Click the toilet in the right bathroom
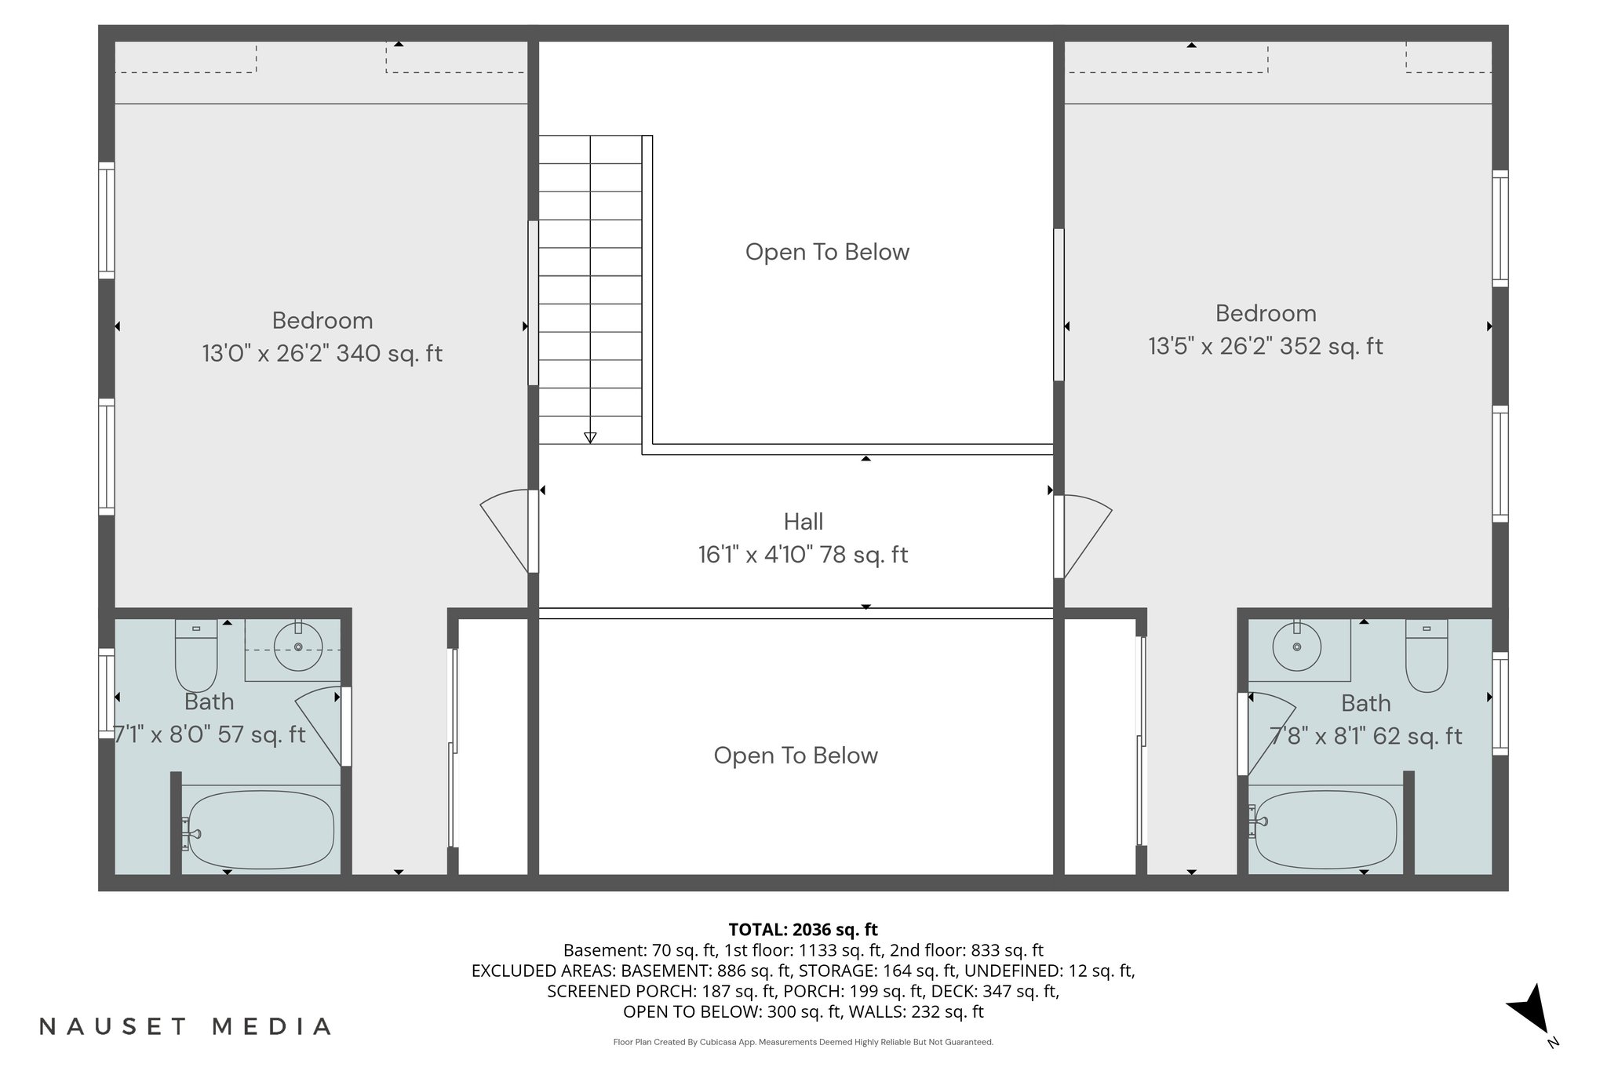tap(1426, 659)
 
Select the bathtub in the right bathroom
tap(1325, 830)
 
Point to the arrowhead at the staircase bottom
tap(590, 438)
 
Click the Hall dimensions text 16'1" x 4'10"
tap(803, 555)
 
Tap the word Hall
tap(803, 522)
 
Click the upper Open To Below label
tap(827, 252)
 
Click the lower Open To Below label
tap(796, 756)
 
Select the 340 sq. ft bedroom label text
tap(322, 353)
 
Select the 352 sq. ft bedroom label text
tap(1265, 346)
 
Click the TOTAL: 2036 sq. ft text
tap(803, 930)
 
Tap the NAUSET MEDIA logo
tap(185, 1026)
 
